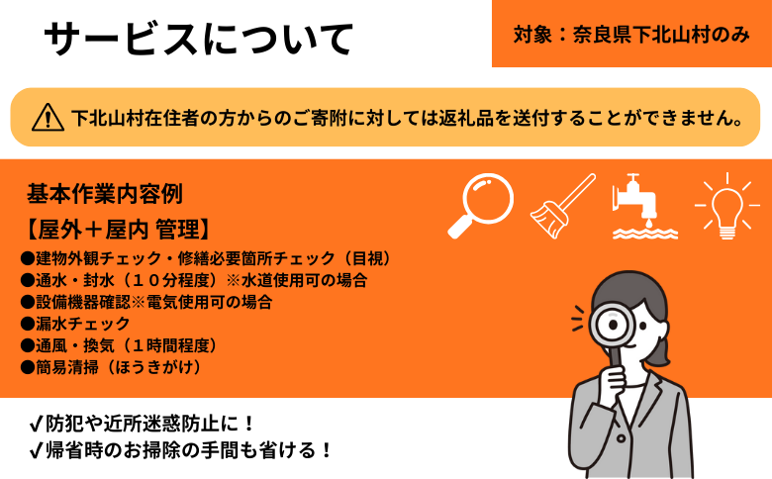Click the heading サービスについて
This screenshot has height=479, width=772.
pyautogui.click(x=198, y=39)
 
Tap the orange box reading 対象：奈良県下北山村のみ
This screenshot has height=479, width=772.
pyautogui.click(x=631, y=34)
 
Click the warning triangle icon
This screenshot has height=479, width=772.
pyautogui.click(x=48, y=117)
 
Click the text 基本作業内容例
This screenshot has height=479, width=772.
pyautogui.click(x=104, y=193)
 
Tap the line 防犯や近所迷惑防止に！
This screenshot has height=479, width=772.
pyautogui.click(x=144, y=425)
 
